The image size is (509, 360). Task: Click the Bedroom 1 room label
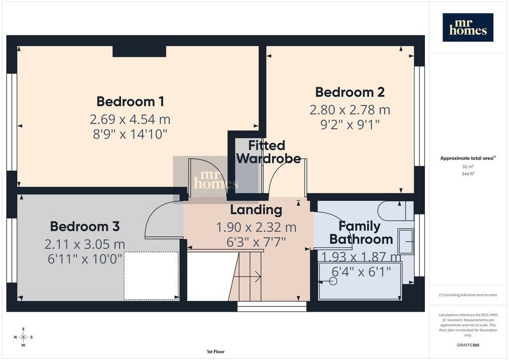tap(130, 101)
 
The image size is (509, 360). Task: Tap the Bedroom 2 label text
tap(350, 92)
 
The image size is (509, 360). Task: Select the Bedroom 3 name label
tap(85, 226)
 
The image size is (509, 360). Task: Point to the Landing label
tap(256, 210)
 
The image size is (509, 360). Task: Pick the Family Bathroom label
tap(361, 233)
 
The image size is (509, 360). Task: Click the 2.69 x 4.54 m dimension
tap(130, 119)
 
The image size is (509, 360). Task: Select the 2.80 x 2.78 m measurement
tap(350, 110)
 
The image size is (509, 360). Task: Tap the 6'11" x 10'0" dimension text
tap(85, 259)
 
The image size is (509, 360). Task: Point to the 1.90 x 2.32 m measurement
tap(256, 227)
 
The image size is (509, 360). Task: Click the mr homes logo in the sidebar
tap(468, 27)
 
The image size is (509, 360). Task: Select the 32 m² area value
tap(468, 167)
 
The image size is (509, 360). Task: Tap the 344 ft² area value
tap(468, 174)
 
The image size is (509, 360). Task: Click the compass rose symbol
tap(23, 337)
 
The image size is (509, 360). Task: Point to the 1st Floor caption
tap(216, 352)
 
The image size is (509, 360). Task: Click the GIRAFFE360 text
tap(468, 345)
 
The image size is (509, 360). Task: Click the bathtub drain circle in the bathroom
tap(333, 281)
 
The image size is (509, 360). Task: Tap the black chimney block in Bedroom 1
tap(139, 51)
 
